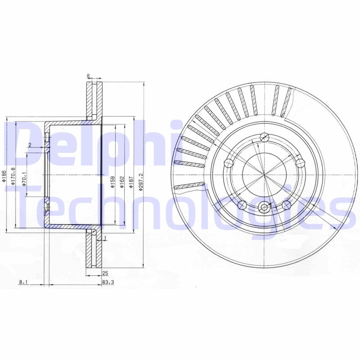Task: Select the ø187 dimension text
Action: (130, 183)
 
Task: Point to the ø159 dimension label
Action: (112, 182)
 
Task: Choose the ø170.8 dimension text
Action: (13, 175)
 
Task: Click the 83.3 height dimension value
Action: (107, 282)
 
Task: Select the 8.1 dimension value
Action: (23, 282)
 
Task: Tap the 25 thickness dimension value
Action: (105, 273)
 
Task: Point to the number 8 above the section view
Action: (89, 76)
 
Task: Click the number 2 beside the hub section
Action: (29, 144)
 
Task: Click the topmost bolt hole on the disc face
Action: (265, 138)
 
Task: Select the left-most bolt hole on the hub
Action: (229, 163)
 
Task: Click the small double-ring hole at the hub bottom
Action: (264, 207)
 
